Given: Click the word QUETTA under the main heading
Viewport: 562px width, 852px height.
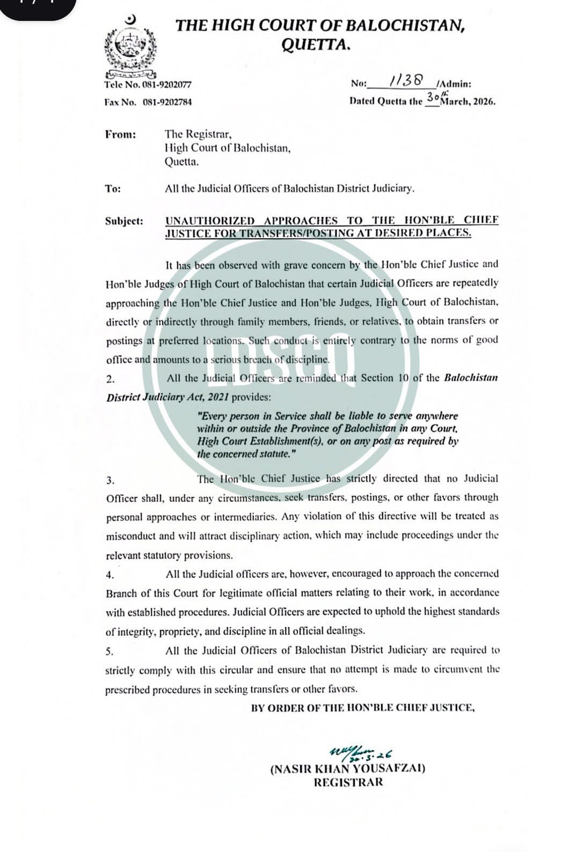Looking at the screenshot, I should click(x=317, y=46).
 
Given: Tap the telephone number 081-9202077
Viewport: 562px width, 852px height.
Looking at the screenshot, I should click(x=167, y=85).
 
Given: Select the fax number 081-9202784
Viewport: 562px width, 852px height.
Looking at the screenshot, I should click(x=167, y=102).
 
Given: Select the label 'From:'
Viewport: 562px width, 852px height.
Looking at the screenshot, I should click(x=120, y=135).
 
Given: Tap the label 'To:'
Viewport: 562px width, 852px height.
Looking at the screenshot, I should click(x=113, y=189).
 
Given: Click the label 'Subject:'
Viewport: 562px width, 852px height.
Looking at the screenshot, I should click(x=124, y=221).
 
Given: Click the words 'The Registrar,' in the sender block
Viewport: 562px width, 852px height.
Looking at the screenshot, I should click(x=198, y=135).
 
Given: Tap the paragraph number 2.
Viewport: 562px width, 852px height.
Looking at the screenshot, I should click(x=110, y=379).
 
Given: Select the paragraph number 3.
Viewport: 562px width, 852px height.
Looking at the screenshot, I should click(x=110, y=480).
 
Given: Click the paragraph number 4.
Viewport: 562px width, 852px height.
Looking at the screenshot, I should click(x=110, y=575).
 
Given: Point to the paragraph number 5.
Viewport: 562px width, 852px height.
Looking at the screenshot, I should click(x=110, y=652).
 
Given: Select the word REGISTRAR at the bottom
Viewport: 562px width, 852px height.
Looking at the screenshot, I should click(x=348, y=782).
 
